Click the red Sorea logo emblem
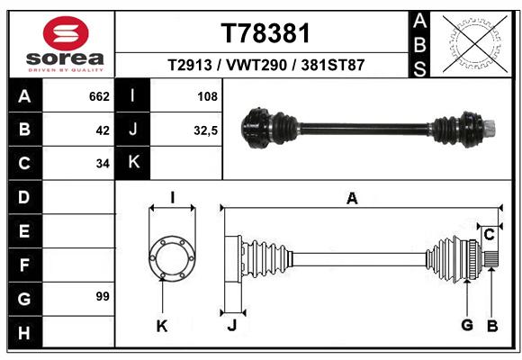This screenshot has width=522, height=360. point(66,33)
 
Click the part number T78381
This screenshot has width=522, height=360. point(265,33)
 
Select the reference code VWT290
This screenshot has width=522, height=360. point(256,65)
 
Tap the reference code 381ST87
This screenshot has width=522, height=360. point(333,65)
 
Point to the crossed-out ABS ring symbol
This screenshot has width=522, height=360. point(475,44)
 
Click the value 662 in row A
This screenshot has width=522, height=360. point(99,96)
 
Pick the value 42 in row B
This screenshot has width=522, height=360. point(103,130)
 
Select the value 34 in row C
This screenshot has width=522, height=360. point(103,164)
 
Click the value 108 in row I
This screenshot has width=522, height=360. point(207,96)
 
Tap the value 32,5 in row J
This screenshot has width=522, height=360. point(206,130)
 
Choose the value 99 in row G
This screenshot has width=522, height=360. point(103,296)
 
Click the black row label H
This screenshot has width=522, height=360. point(24,333)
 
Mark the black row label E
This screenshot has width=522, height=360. point(24,230)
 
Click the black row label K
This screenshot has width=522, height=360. point(132,163)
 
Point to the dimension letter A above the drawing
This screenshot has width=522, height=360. point(352,199)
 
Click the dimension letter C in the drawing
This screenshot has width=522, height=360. point(489,235)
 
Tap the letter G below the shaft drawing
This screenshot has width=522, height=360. point(467,325)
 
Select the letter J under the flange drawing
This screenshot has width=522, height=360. point(232,325)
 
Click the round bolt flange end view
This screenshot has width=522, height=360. point(172,259)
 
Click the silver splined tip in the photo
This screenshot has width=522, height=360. point(490,129)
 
